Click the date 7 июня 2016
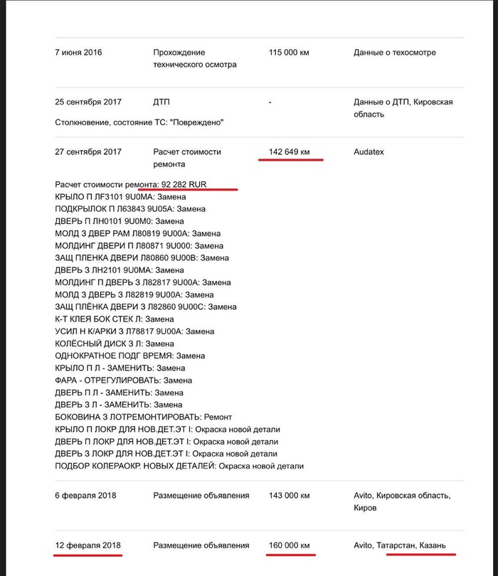[78, 53]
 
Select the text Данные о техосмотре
[395, 53]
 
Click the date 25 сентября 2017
[88, 102]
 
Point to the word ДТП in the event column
[161, 102]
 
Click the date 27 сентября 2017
[88, 152]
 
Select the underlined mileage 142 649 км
[290, 152]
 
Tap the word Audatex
[370, 152]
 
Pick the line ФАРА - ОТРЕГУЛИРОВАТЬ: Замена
[123, 380]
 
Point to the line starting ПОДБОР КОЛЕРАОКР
[179, 466]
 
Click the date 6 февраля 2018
[85, 495]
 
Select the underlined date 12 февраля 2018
[88, 545]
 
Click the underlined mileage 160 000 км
[290, 545]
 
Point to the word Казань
[432, 545]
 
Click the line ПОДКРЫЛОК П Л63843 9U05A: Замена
[130, 209]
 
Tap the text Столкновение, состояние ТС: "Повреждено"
[139, 123]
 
